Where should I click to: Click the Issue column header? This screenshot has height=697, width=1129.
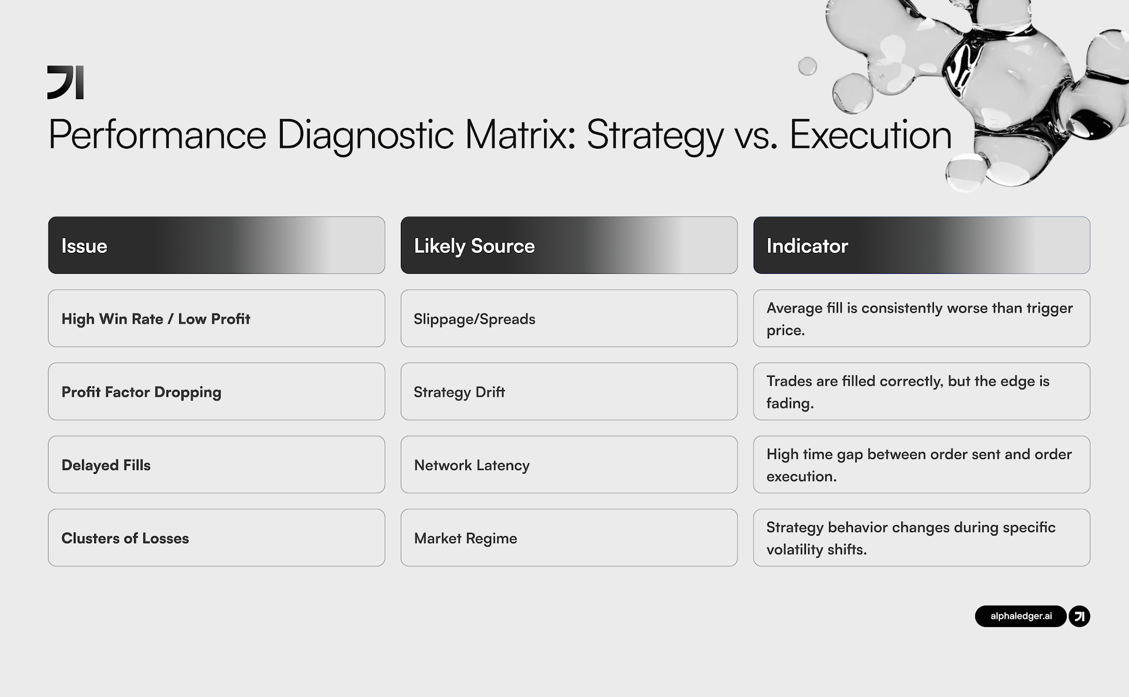(216, 245)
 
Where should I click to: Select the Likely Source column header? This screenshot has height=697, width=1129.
(569, 245)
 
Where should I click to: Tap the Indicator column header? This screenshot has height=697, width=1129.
(921, 245)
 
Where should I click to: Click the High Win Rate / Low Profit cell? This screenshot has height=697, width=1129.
(216, 318)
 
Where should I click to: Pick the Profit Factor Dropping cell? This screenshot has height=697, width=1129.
(216, 392)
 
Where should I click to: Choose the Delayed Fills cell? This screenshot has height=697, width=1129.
(216, 464)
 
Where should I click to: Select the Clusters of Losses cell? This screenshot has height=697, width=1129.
(216, 538)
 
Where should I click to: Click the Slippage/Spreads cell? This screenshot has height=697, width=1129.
(569, 318)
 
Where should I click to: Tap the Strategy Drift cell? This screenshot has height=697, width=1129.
(569, 392)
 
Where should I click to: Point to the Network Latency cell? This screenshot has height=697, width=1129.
(569, 464)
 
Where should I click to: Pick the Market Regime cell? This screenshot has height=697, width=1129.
(569, 538)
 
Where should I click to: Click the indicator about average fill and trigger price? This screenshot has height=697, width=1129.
(921, 318)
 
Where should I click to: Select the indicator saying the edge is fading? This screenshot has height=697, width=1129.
(921, 392)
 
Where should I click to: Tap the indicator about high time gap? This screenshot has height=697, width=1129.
(921, 464)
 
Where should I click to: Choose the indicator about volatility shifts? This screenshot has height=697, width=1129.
(921, 538)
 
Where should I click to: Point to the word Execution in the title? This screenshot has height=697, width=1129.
(870, 134)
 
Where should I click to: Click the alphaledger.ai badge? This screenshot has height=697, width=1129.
(1020, 616)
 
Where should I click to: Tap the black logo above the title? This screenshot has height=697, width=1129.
(66, 83)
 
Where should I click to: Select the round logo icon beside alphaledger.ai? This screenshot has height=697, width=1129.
(1079, 616)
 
